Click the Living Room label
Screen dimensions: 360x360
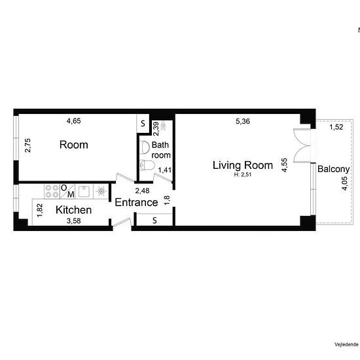tap(243, 166)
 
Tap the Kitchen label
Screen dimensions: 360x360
tap(73, 210)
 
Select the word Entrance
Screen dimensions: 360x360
tap(136, 202)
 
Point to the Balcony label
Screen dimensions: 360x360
tap(333, 170)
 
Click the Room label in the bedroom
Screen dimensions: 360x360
tap(74, 145)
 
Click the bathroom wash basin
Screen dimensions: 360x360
tap(145, 147)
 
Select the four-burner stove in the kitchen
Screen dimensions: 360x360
tap(52, 191)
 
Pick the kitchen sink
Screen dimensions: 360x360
tap(84, 192)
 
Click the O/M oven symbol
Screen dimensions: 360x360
tap(67, 191)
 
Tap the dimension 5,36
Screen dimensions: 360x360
tap(243, 121)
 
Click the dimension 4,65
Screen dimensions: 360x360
tap(74, 121)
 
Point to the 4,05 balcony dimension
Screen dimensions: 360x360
tap(345, 183)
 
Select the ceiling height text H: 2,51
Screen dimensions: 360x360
tap(243, 175)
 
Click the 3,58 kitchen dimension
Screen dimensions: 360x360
tap(74, 221)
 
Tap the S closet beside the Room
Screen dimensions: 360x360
tap(143, 124)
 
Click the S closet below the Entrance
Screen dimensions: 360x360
tap(154, 220)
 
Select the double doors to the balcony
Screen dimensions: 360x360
tap(302, 146)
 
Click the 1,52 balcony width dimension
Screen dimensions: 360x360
tap(336, 127)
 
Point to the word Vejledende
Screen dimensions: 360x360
tap(347, 344)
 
